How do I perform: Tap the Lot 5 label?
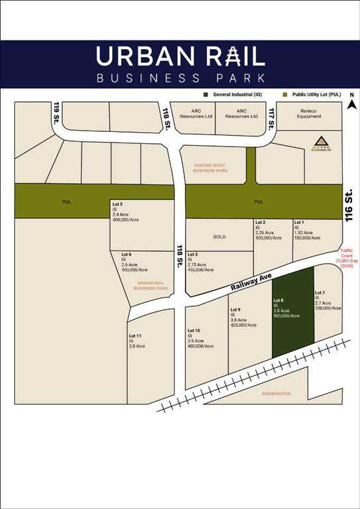(x=117, y=203)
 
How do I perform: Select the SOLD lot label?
(x=219, y=237)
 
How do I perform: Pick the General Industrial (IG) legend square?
(x=208, y=94)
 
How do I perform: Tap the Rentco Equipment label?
(x=309, y=113)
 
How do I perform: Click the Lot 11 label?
(x=135, y=337)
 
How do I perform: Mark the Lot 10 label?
(x=194, y=330)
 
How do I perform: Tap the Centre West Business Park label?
(x=210, y=167)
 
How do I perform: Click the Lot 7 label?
(x=320, y=293)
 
